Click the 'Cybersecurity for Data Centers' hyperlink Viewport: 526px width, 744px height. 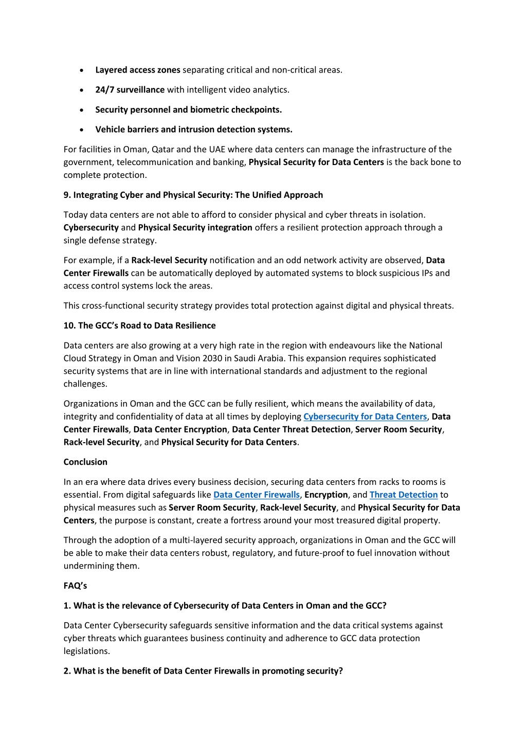[x=365, y=416]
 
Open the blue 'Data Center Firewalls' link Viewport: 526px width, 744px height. [x=256, y=495]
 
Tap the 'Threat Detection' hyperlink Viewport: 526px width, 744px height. [x=403, y=495]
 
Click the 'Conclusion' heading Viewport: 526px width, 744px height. [x=85, y=462]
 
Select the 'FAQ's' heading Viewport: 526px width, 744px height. [x=75, y=586]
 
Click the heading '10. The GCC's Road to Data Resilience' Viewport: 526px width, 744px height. [x=139, y=325]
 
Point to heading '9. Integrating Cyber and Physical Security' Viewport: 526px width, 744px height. [x=193, y=195]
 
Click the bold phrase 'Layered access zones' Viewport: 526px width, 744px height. [x=137, y=70]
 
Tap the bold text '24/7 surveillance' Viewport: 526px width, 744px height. [x=130, y=89]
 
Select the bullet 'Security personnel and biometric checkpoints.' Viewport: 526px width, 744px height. [x=188, y=110]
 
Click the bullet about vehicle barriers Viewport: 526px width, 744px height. [x=193, y=130]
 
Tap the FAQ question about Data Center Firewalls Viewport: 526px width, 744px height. [x=203, y=671]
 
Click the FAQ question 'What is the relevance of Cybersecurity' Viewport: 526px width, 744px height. [x=225, y=606]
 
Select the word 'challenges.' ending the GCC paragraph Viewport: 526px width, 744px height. [x=85, y=384]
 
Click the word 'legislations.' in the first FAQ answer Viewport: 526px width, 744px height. [x=86, y=651]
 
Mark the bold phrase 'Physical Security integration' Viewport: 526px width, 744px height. [x=195, y=227]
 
